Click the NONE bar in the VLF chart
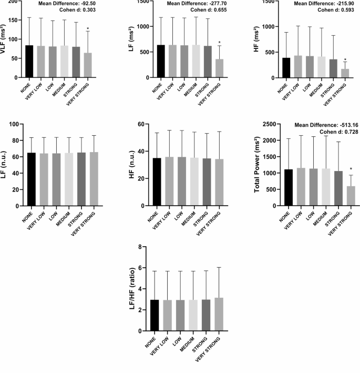coord(29,62)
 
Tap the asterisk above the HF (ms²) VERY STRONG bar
coord(345,60)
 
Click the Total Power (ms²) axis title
coord(258,165)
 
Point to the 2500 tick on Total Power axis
coord(271,124)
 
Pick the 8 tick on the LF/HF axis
coord(142,247)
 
